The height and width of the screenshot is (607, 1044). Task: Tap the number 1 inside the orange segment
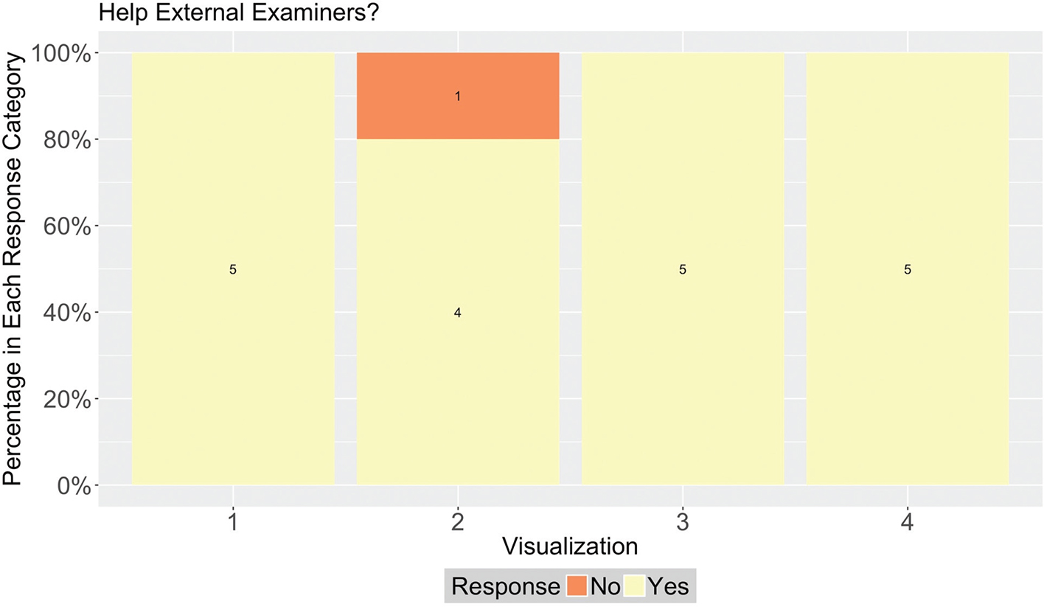point(458,97)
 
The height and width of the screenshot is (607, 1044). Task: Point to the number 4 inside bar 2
point(458,313)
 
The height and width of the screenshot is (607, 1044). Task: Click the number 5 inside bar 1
point(233,270)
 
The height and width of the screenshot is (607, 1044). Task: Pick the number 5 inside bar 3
point(683,270)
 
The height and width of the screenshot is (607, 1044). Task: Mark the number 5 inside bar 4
point(908,270)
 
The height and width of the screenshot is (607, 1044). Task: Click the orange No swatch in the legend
point(577,586)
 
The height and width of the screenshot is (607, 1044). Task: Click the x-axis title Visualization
point(570,547)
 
